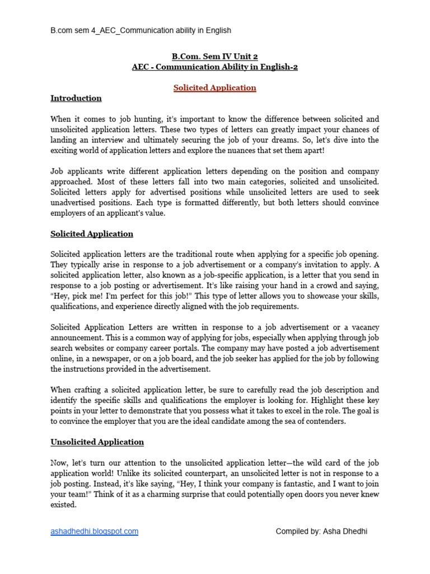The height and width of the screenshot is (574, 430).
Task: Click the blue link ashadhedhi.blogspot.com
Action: click(94, 531)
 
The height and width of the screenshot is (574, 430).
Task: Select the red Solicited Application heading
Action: click(214, 88)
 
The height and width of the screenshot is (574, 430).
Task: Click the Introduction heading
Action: click(76, 99)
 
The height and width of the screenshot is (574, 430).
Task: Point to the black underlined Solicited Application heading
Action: click(92, 234)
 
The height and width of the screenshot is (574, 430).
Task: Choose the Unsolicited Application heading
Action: click(97, 442)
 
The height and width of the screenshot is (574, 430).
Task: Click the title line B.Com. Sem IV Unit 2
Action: click(214, 57)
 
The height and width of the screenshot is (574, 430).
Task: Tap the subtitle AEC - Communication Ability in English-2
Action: click(214, 67)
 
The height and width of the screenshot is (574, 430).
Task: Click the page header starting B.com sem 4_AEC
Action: click(140, 30)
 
